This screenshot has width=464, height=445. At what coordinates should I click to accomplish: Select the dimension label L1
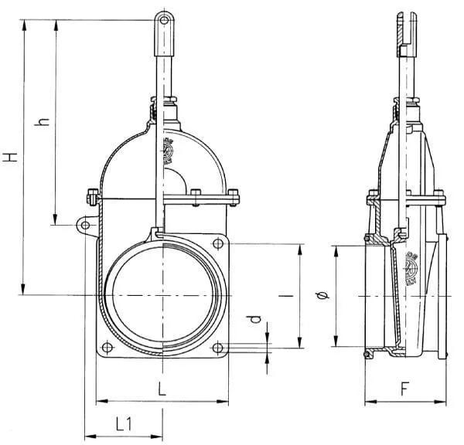click(x=124, y=423)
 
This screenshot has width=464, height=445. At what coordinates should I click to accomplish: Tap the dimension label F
click(x=405, y=389)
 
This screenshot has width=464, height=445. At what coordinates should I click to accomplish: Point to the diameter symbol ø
click(x=326, y=297)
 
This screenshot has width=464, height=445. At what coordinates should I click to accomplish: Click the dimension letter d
click(x=256, y=318)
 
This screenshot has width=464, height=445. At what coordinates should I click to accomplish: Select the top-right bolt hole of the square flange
click(x=217, y=244)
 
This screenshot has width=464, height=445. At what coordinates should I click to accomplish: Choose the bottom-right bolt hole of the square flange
click(x=217, y=347)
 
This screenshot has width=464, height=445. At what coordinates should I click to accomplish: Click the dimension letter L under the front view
click(x=162, y=390)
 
